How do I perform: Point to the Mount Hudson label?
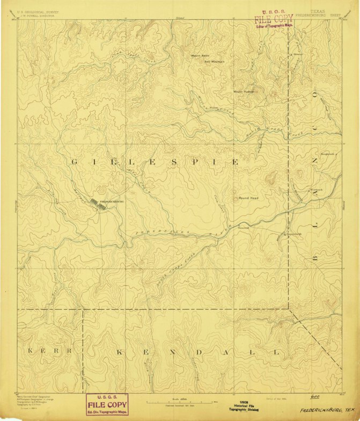(243, 91)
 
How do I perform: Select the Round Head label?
(248, 198)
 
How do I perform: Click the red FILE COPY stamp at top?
(274, 18)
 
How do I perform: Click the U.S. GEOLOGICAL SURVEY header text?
(38, 11)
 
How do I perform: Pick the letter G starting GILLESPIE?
(75, 161)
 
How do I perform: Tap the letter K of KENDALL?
(120, 352)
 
